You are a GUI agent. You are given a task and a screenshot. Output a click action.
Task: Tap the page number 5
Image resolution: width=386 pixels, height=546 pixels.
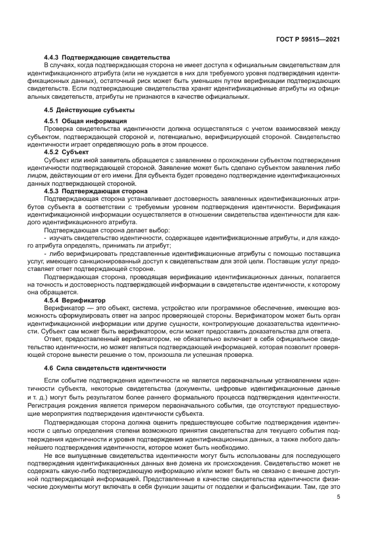[338, 497]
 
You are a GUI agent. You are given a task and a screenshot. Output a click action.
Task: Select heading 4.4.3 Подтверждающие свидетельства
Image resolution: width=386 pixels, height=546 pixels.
[107, 57]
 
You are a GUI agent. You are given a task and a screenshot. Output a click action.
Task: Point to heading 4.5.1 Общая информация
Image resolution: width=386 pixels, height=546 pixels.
[86, 121]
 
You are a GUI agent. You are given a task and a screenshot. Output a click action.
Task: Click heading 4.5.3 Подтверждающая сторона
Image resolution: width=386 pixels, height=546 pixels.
[96, 191]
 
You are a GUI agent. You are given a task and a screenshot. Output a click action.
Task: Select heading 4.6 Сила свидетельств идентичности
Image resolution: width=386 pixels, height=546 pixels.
[105, 368]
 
